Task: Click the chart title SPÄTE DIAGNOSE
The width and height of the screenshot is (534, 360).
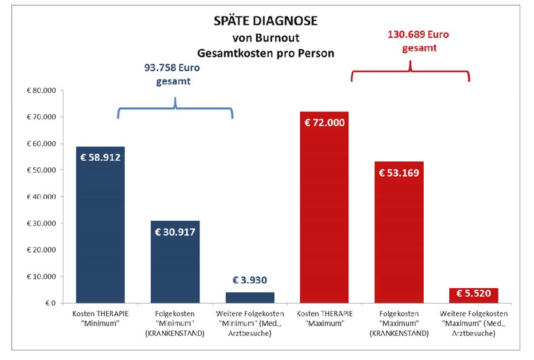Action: click(x=265, y=21)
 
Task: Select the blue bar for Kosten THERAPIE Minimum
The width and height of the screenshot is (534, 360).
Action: click(x=100, y=231)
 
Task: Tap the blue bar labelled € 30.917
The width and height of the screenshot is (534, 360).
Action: click(x=175, y=267)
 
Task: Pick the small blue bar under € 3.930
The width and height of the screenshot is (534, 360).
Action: click(x=250, y=297)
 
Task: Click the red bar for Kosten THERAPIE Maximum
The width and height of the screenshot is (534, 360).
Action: click(x=325, y=214)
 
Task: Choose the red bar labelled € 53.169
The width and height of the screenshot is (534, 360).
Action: click(x=399, y=237)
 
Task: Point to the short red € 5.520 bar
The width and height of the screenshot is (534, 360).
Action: click(x=473, y=295)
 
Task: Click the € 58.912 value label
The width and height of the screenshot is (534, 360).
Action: click(x=100, y=157)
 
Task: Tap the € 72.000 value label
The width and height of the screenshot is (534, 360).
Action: click(x=325, y=123)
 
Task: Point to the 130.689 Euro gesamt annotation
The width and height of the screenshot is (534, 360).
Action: click(x=409, y=41)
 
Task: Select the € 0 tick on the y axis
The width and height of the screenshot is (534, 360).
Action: click(x=50, y=303)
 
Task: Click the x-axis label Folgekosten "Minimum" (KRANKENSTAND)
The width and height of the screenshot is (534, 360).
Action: click(x=175, y=323)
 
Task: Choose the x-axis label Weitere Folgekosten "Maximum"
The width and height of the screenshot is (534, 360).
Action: click(x=473, y=323)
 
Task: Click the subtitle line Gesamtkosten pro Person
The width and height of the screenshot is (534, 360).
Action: click(x=265, y=53)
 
